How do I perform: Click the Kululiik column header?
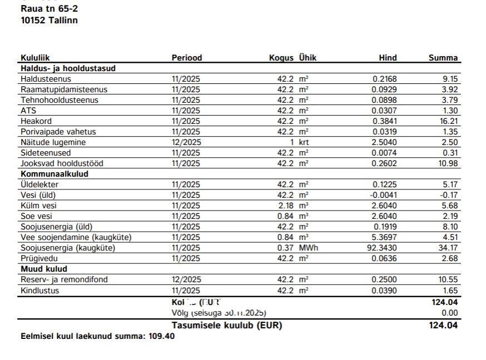coord(39,58)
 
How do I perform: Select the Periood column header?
coord(186,58)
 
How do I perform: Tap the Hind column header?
coord(388,58)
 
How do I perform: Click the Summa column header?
coord(443,58)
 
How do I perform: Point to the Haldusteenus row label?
coord(46,79)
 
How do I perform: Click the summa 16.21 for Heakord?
coord(449,121)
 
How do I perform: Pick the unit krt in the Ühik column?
coord(304,142)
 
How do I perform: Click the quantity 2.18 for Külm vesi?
coord(285,206)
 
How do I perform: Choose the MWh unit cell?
coord(309,248)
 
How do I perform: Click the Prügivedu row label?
coord(39,258)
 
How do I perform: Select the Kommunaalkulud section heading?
coord(54,174)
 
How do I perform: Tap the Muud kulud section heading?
coord(44,269)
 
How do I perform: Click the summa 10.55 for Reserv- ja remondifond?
coord(448,279)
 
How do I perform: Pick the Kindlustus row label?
coord(39,290)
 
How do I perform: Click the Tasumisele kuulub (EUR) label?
coord(226,326)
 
